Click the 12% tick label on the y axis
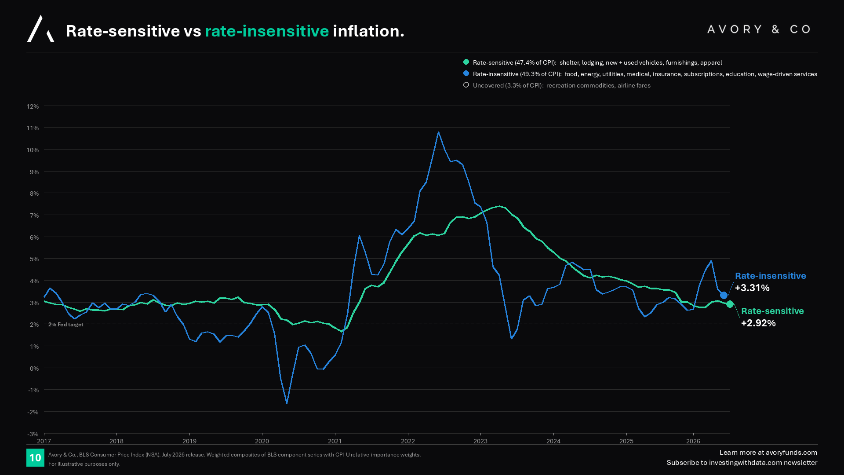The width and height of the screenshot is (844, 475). pyautogui.click(x=33, y=106)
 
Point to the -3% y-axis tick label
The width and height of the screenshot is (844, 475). pyautogui.click(x=33, y=434)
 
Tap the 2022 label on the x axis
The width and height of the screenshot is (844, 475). pyautogui.click(x=407, y=441)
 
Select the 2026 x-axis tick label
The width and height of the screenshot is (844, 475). pyautogui.click(x=693, y=441)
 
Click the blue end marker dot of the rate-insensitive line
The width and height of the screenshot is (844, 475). pyautogui.click(x=724, y=295)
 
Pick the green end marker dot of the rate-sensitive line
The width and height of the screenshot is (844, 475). pyautogui.click(x=730, y=304)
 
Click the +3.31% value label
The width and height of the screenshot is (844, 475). pyautogui.click(x=752, y=288)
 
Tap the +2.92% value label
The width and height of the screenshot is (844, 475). pyautogui.click(x=758, y=323)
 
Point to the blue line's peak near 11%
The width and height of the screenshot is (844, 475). pyautogui.click(x=438, y=132)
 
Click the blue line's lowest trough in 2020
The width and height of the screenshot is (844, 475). pyautogui.click(x=287, y=402)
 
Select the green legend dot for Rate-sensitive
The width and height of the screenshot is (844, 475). pyautogui.click(x=466, y=62)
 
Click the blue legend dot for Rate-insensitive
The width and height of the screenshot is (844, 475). pyautogui.click(x=466, y=73)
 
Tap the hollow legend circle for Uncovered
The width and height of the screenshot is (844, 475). pyautogui.click(x=466, y=85)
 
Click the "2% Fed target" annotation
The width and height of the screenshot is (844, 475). pyautogui.click(x=65, y=325)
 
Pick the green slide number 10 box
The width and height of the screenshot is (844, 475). pyautogui.click(x=35, y=458)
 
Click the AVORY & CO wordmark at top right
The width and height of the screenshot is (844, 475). pyautogui.click(x=759, y=29)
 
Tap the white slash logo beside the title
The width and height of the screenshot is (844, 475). pyautogui.click(x=41, y=29)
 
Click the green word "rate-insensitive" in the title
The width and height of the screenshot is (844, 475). pyautogui.click(x=267, y=31)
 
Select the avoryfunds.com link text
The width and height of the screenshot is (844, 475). pyautogui.click(x=791, y=453)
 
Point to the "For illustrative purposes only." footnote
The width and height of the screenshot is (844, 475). pyautogui.click(x=84, y=464)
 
